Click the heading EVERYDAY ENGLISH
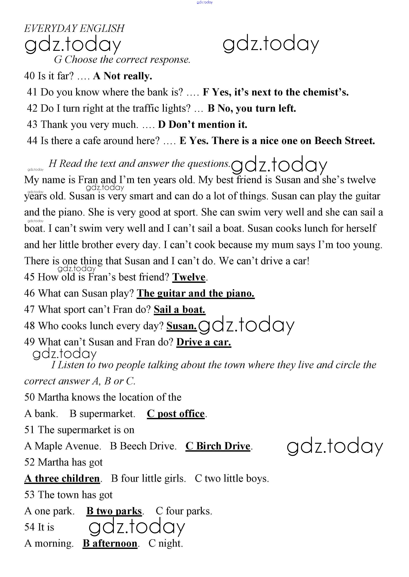pyautogui.click(x=74, y=28)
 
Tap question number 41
pyautogui.click(x=32, y=92)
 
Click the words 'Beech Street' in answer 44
pyautogui.click(x=345, y=141)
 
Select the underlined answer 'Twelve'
pyautogui.click(x=189, y=277)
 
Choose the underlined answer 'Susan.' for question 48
pyautogui.click(x=181, y=326)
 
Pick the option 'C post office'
pyautogui.click(x=176, y=414)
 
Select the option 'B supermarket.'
pyautogui.click(x=102, y=414)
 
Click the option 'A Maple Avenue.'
pyautogui.click(x=63, y=446)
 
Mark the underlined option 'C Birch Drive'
pyautogui.click(x=218, y=446)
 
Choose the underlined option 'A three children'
pyautogui.click(x=62, y=479)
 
